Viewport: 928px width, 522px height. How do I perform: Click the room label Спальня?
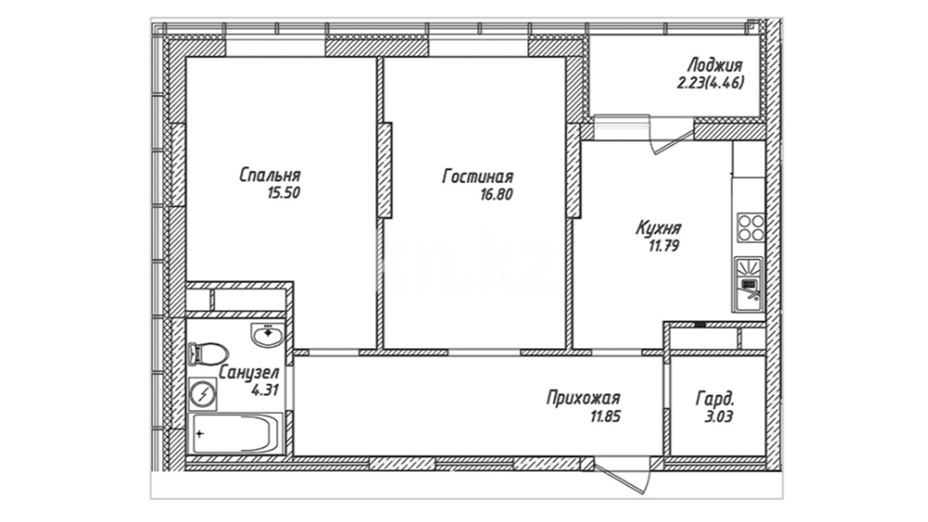[269, 175]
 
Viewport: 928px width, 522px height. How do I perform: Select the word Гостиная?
[478, 177]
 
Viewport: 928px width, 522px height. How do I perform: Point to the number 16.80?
[497, 195]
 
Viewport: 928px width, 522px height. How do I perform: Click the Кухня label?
[659, 228]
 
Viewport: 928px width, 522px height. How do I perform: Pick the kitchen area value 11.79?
[664, 247]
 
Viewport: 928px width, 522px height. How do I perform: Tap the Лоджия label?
[715, 66]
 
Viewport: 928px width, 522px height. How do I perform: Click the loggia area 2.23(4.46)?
[711, 83]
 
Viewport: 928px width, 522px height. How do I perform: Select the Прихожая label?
[583, 398]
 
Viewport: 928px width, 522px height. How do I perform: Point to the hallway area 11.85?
[605, 416]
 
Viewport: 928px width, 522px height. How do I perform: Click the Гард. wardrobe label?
[715, 400]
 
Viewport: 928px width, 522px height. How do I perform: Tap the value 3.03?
[719, 417]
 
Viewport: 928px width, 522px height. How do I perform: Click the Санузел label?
[249, 373]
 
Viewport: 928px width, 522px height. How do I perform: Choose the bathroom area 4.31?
[264, 391]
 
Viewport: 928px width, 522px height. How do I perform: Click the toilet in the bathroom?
[208, 354]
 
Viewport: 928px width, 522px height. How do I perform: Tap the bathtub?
[236, 433]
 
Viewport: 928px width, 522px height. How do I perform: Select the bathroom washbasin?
[267, 335]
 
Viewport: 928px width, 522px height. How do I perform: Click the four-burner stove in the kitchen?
[750, 227]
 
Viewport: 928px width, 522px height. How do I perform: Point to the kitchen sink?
[748, 284]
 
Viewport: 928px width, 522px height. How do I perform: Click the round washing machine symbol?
[203, 394]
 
